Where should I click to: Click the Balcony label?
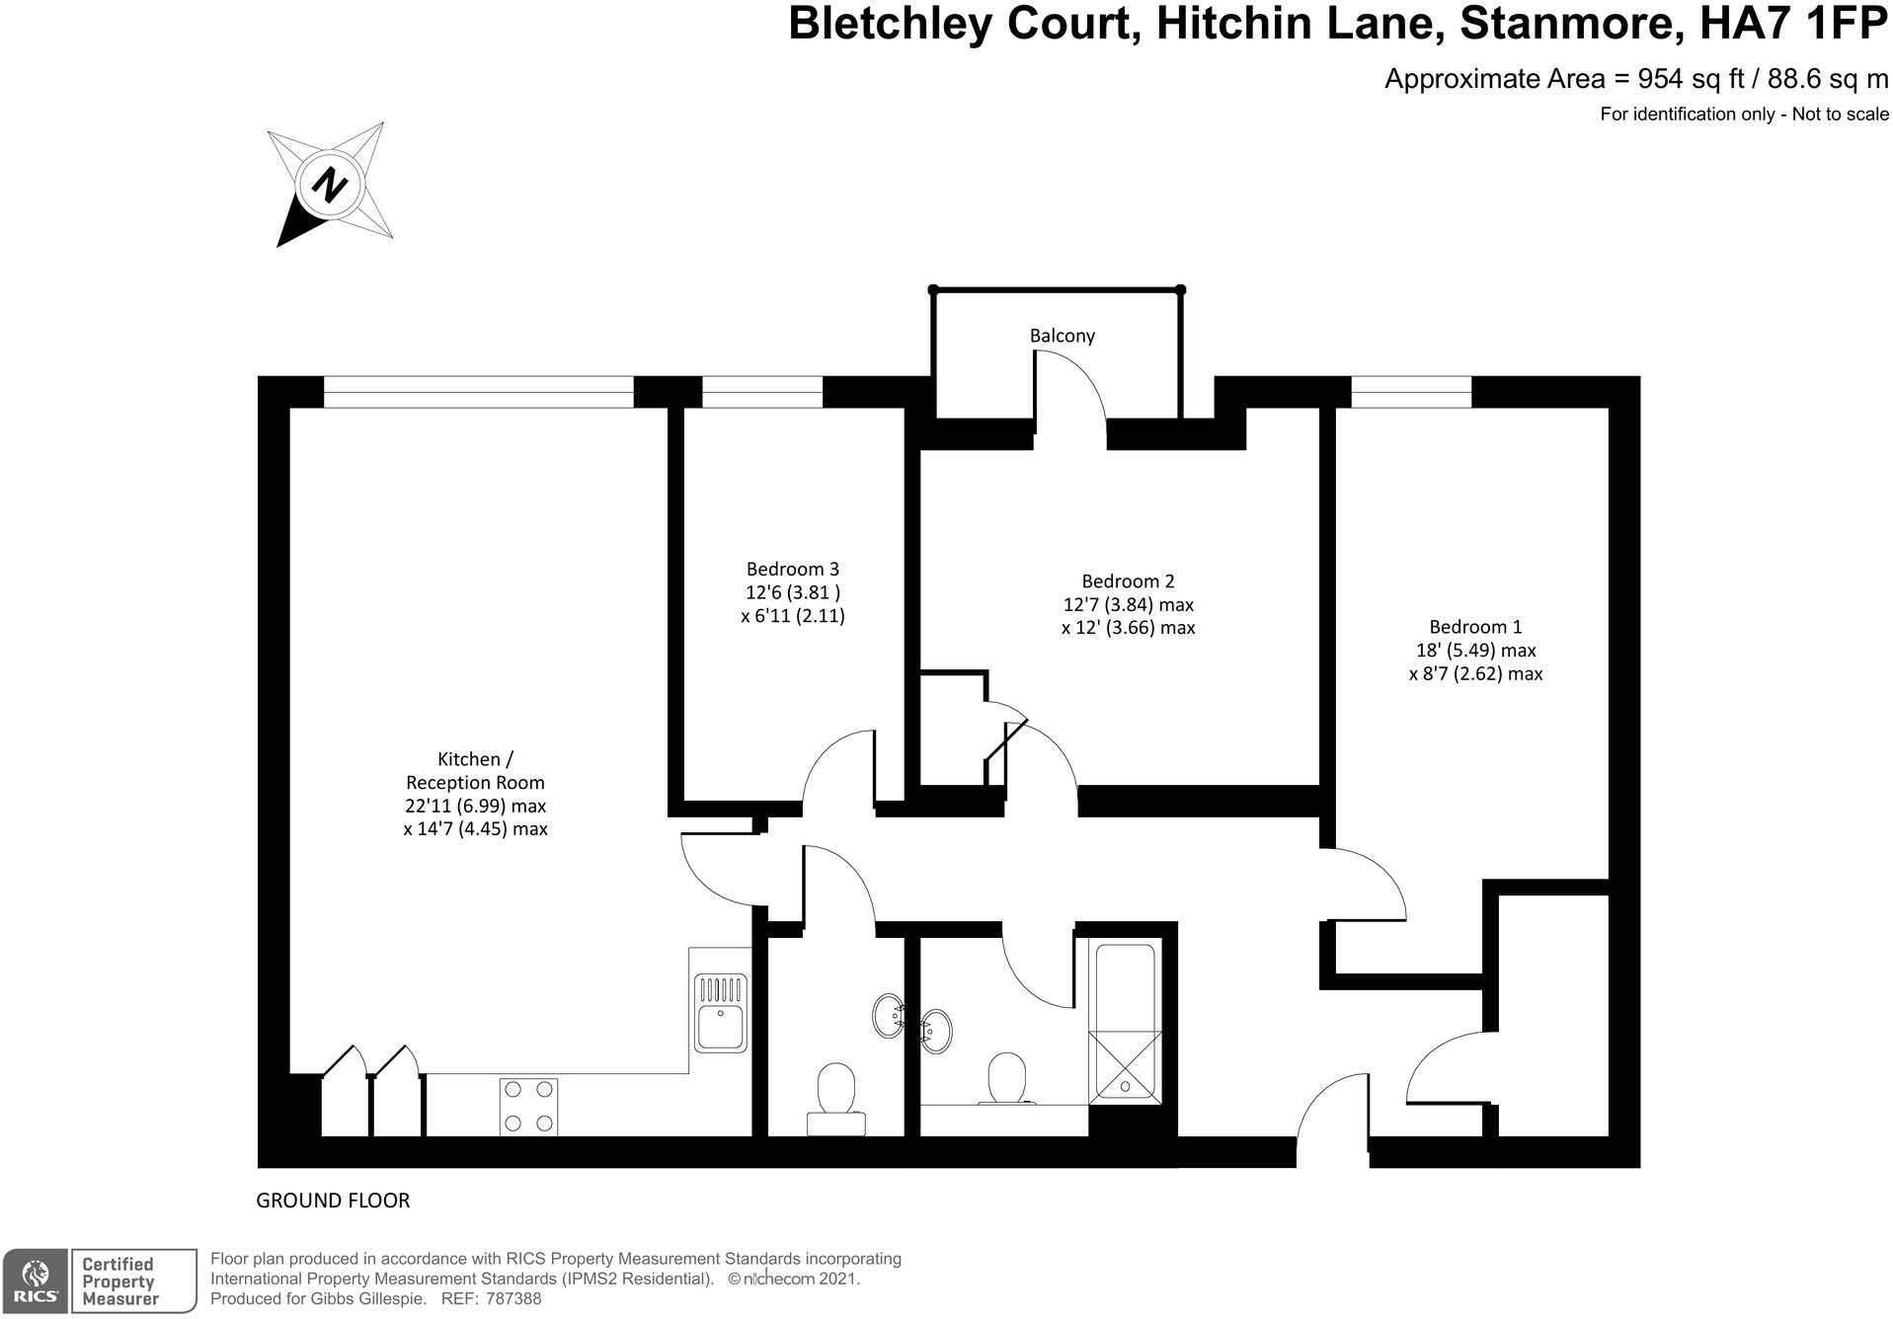(1062, 336)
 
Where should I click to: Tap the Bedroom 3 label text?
(792, 569)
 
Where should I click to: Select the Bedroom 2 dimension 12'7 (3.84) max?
(1128, 604)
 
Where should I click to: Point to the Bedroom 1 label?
(1475, 627)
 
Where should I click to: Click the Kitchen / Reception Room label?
(475, 770)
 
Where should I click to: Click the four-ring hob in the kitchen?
(528, 1106)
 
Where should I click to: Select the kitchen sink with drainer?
(721, 1013)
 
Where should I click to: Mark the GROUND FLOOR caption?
(333, 1201)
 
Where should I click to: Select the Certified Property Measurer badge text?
(118, 1281)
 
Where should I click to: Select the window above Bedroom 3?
(761, 392)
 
